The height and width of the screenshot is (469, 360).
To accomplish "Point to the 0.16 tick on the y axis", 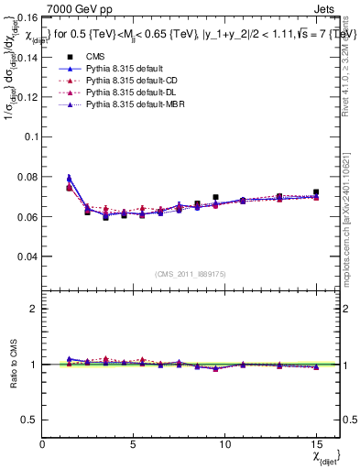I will [27, 17].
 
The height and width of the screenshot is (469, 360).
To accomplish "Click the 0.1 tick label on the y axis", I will [30, 136].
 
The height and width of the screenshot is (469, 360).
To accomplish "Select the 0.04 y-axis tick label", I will [27, 256].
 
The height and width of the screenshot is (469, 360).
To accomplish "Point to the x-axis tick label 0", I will [43, 444].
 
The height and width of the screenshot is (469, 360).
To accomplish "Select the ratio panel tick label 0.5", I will [28, 420].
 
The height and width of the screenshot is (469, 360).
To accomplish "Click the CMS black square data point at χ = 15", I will [316, 192].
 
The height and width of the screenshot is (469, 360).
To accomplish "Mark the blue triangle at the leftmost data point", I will [70, 178].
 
